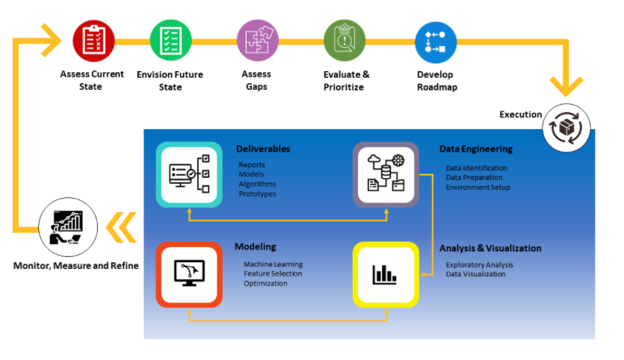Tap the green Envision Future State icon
(x=171, y=40)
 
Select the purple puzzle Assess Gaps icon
(x=257, y=40)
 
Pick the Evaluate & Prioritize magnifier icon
(x=344, y=40)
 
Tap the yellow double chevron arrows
(x=122, y=227)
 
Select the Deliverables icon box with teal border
(x=188, y=173)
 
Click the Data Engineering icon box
(x=386, y=175)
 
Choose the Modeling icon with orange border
(x=188, y=273)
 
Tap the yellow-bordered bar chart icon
(x=386, y=274)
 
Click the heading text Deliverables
(x=263, y=149)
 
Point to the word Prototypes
(x=257, y=194)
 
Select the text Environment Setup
(x=478, y=187)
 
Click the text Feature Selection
(x=273, y=274)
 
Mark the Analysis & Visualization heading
(x=490, y=248)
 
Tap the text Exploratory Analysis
(x=479, y=265)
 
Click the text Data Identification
(x=477, y=168)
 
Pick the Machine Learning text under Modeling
(x=273, y=264)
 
